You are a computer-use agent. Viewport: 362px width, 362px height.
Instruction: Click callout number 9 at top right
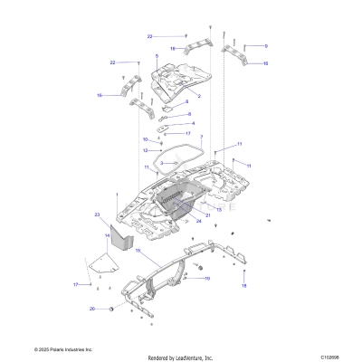click(x=266, y=45)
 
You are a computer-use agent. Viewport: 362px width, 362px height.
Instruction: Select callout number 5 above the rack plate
click(x=157, y=56)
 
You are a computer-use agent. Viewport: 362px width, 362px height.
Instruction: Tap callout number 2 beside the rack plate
click(x=198, y=94)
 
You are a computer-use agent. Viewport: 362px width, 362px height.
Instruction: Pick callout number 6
click(x=188, y=114)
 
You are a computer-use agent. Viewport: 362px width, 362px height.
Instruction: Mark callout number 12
click(x=145, y=150)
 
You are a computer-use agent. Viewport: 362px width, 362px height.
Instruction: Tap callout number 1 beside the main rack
click(x=116, y=195)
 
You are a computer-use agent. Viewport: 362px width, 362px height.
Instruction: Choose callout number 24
click(x=198, y=221)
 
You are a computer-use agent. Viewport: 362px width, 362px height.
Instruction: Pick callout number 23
click(x=96, y=214)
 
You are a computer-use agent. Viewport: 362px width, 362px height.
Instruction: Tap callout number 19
click(x=206, y=279)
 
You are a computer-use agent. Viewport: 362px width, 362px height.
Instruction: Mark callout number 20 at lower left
click(x=91, y=309)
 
